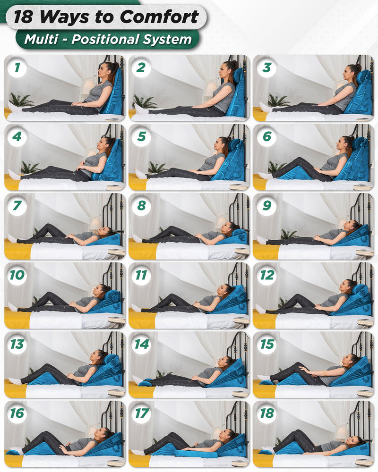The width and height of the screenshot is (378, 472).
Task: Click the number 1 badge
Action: (17, 67)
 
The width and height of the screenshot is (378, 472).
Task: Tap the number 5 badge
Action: (141, 137)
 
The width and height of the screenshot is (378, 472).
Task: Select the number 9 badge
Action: (267, 206)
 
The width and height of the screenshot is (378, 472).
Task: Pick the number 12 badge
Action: (267, 275)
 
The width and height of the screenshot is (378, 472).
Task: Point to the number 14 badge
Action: (141, 344)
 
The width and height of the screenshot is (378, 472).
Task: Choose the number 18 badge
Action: (267, 413)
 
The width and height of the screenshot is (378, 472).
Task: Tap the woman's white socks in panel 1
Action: (14, 108)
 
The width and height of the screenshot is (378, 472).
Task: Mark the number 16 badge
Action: (17, 413)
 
